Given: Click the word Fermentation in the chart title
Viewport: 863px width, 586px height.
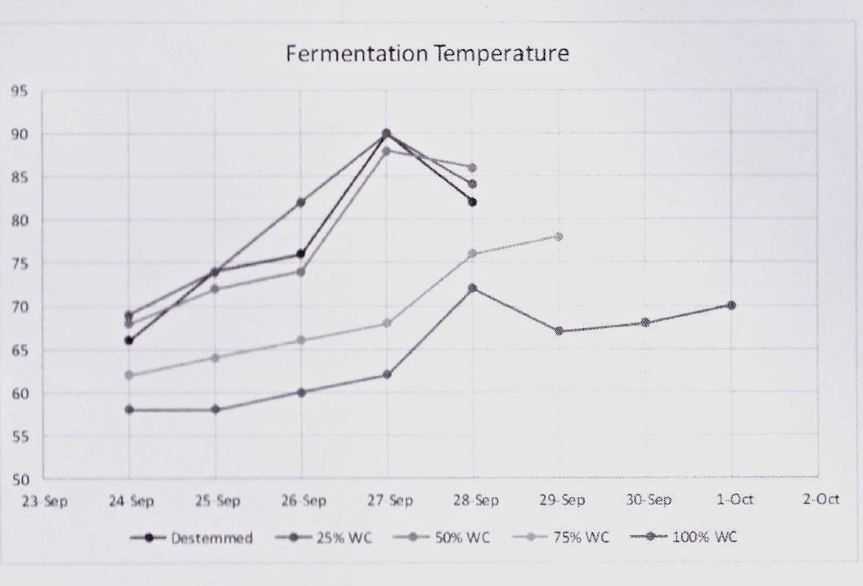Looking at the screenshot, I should (x=357, y=54).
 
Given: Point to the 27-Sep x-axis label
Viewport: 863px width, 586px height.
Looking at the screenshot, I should (x=389, y=500).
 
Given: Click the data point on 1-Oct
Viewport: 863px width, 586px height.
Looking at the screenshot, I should (x=731, y=306).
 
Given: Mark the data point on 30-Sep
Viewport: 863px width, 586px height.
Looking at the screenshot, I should (x=645, y=322).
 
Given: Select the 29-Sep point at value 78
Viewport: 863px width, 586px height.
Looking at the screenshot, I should (x=559, y=237).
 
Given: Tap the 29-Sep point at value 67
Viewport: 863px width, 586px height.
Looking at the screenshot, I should (x=559, y=331).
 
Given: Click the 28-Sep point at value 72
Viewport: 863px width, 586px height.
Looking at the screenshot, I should (x=473, y=288).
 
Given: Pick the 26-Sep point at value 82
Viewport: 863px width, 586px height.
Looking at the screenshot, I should (x=301, y=202).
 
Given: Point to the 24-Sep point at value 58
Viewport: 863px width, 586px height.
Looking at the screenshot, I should (x=129, y=409).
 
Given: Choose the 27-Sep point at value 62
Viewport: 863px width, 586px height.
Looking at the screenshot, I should (x=387, y=375).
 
